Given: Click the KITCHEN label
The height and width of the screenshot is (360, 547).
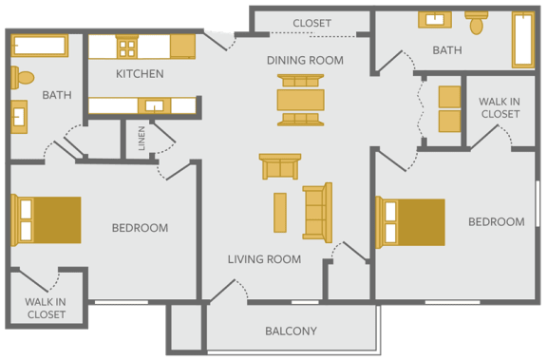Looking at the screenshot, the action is [140, 74].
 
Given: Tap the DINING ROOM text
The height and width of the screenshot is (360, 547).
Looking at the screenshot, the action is [305, 61].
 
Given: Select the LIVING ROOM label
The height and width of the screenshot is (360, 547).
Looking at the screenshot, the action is [264, 259].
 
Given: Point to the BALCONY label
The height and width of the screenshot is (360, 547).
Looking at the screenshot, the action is [291, 331].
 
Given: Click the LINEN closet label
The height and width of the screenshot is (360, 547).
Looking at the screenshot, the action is [141, 139].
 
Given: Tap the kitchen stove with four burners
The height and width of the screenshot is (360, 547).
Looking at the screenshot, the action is [126, 47].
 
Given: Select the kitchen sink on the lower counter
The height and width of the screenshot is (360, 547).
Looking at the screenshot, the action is [154, 105].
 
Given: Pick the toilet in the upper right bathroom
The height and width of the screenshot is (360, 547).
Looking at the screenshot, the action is [476, 23].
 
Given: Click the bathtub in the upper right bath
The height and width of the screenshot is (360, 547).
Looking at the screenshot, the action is [523, 40].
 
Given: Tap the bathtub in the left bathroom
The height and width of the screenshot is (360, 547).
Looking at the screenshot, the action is [40, 46].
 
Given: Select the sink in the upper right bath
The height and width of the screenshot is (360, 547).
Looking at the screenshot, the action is [435, 20].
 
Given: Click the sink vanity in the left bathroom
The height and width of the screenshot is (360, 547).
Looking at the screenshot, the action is [19, 117].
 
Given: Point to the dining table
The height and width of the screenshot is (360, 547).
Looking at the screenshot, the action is [301, 100].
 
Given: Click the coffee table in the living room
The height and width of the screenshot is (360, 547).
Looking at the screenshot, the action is [280, 213].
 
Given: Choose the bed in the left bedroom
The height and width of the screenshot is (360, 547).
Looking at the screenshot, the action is [46, 220].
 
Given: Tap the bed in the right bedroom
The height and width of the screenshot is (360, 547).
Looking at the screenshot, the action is [410, 222].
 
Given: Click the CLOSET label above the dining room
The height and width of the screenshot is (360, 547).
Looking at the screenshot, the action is [311, 23].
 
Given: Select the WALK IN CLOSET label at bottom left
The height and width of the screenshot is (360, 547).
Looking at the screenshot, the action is [46, 308].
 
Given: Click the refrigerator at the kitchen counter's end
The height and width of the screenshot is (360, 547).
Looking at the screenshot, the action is [182, 46].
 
